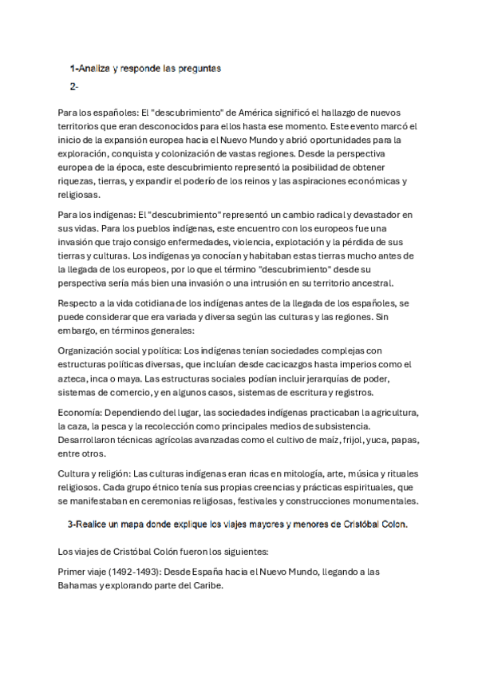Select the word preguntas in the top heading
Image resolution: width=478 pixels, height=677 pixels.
pyautogui.click(x=194, y=69)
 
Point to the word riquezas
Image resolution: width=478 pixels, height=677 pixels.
pyautogui.click(x=78, y=181)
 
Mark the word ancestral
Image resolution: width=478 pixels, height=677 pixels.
pyautogui.click(x=381, y=283)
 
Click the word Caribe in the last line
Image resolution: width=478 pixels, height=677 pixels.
pyautogui.click(x=207, y=585)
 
